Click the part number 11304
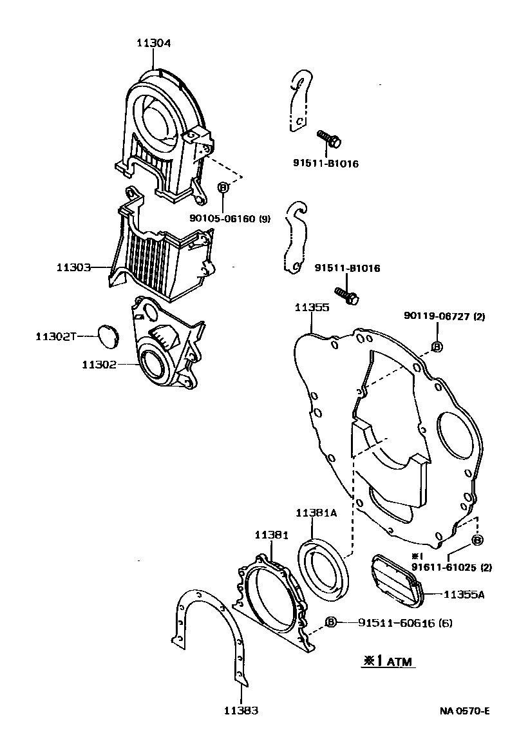click(x=153, y=43)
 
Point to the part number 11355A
click(x=464, y=594)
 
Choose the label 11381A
click(x=317, y=513)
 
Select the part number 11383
click(x=241, y=711)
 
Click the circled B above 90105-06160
click(x=223, y=187)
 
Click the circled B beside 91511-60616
click(x=331, y=622)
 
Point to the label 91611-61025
click(x=444, y=568)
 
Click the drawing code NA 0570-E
click(x=465, y=711)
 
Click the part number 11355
click(x=312, y=308)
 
